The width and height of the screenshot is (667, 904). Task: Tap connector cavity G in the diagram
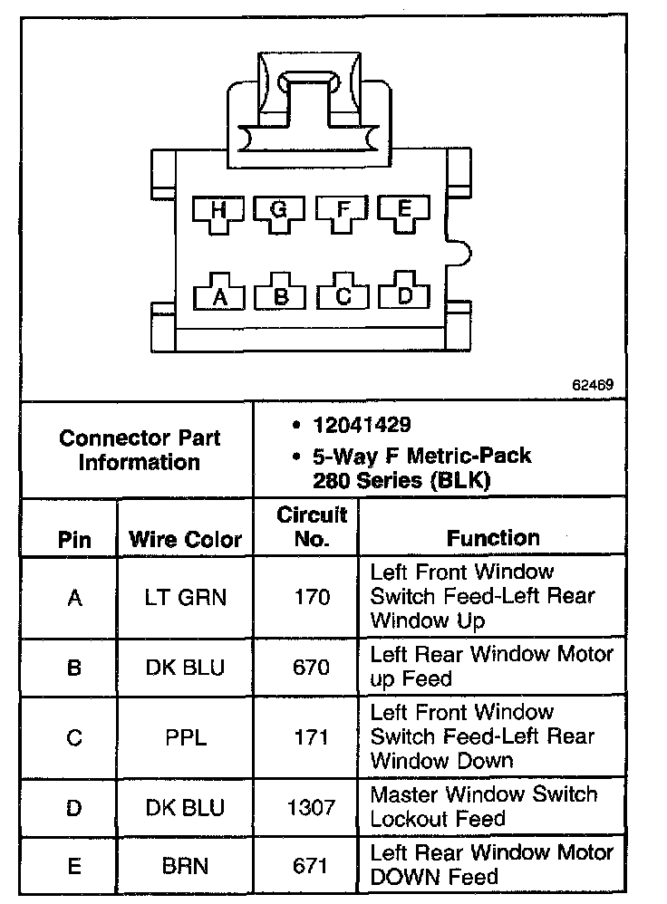[x=280, y=213]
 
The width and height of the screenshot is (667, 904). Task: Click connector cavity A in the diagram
[x=218, y=293]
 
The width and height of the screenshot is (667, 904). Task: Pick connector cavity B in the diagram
[x=281, y=293]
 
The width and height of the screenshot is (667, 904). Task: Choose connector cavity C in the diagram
[x=343, y=293]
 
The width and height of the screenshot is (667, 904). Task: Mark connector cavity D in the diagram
[x=405, y=293]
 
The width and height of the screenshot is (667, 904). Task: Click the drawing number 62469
[x=592, y=383]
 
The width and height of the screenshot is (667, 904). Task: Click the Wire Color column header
[x=186, y=540]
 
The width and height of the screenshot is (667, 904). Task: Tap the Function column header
[x=493, y=538]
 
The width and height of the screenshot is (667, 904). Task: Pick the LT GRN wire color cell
[x=186, y=597]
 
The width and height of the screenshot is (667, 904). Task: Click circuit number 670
[x=311, y=668]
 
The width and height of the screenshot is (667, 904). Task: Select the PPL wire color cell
[x=186, y=737]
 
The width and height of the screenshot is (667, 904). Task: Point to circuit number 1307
[x=311, y=807]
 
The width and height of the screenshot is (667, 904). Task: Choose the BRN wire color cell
[x=186, y=866]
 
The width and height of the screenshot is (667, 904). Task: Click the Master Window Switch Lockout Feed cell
[x=483, y=807]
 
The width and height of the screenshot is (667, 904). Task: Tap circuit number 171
[x=311, y=737]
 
